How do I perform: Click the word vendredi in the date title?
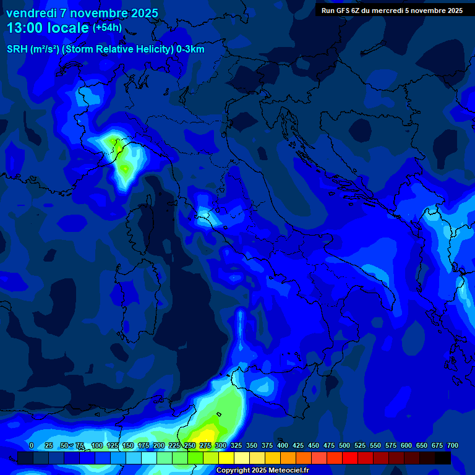click(32, 13)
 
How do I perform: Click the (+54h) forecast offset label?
click(107, 28)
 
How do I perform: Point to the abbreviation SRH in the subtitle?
click(17, 49)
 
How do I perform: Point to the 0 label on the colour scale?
click(32, 445)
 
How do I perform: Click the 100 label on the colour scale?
click(97, 445)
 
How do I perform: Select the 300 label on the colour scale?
click(221, 445)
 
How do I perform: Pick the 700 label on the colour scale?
click(453, 445)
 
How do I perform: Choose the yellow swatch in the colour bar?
click(226, 458)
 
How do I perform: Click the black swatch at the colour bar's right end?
click(443, 458)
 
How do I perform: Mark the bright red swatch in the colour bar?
click(350, 458)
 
